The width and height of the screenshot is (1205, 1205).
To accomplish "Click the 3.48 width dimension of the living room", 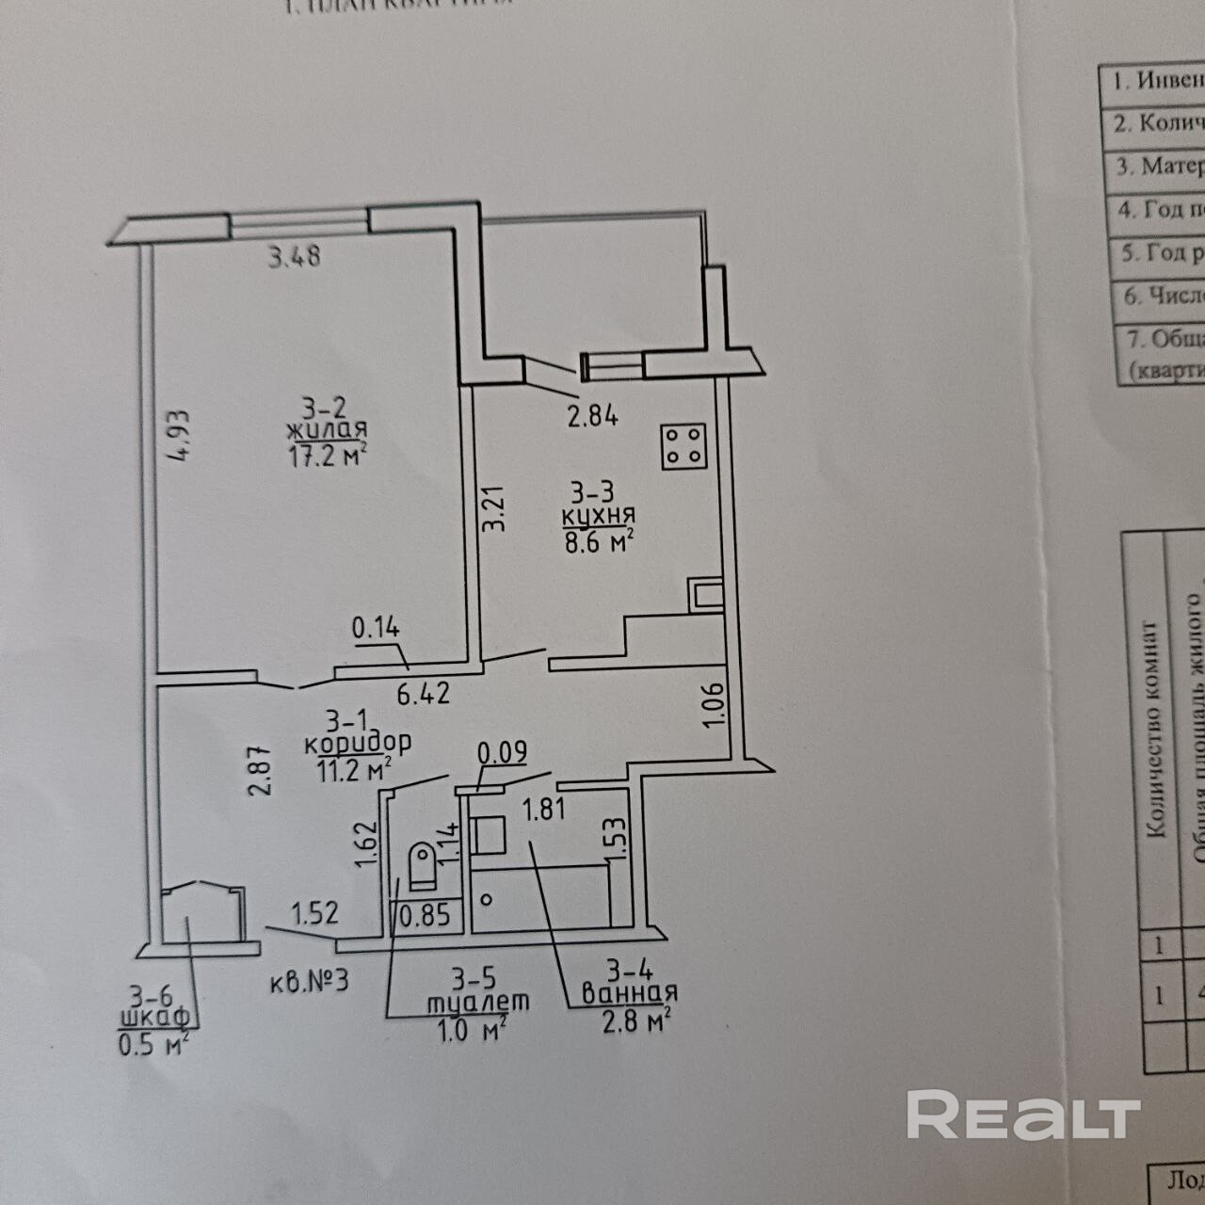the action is point(295,256).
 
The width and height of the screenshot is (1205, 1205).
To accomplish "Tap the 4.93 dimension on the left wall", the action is point(177,434).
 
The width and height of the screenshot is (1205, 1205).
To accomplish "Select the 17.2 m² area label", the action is point(326,457).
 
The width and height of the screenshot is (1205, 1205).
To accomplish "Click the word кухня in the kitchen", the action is point(598,516).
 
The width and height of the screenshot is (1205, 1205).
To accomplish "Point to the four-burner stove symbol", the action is point(683,445).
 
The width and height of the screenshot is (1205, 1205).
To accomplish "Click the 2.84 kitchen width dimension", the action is point(592,415).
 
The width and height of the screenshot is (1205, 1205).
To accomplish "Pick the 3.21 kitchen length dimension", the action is point(494,508).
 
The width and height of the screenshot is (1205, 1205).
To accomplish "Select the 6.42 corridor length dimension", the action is point(423,695).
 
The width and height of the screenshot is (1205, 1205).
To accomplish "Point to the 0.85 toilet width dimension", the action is point(425,914).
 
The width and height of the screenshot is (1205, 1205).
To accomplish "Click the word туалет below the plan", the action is point(477,1002).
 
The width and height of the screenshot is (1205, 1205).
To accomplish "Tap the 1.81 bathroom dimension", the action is point(544,809).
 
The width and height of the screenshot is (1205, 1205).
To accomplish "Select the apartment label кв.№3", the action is point(309,981).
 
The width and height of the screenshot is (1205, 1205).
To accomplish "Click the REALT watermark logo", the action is point(1022,1116).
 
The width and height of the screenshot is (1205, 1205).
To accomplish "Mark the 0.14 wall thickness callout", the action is point(376,626).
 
